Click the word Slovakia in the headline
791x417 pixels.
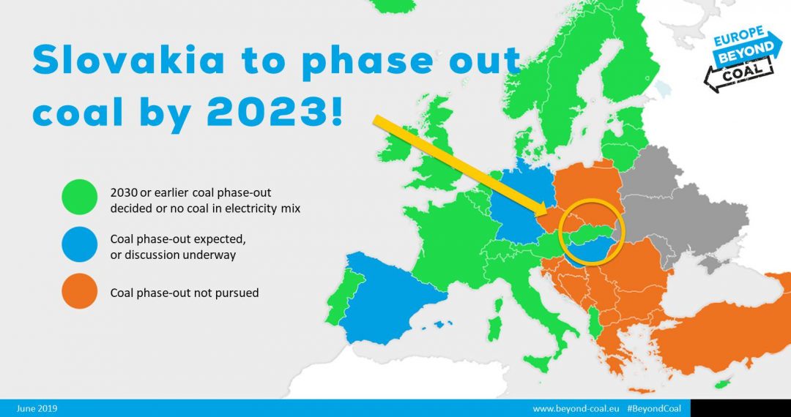pos(129,59)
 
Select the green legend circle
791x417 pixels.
pos(79,197)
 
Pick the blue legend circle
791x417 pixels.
pos(79,244)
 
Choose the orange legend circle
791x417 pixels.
pos(79,291)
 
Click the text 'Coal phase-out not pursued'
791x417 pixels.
pos(185,293)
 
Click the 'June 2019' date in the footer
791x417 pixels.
pos(37,408)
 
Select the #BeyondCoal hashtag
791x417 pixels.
pos(653,408)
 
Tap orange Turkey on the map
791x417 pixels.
pos(727,327)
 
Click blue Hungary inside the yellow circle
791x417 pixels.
pos(591,249)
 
